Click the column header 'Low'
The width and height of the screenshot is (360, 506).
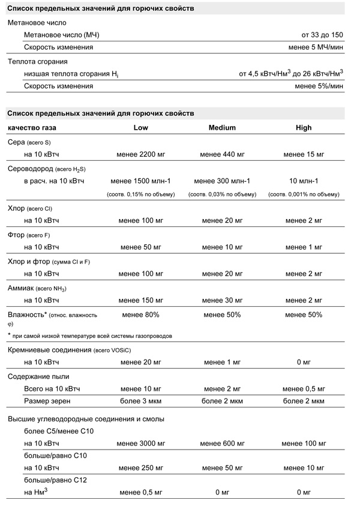pos(140,128)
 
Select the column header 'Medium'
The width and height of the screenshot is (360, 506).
pos(222,128)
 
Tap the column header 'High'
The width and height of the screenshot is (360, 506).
pos(304,128)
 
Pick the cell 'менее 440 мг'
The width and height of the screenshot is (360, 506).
pos(222,155)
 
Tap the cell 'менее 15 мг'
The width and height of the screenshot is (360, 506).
pos(304,155)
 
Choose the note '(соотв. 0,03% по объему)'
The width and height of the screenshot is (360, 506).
pos(222,194)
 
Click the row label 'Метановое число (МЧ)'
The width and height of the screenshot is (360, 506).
pos(61,35)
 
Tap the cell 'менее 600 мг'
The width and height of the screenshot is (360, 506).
pos(222,444)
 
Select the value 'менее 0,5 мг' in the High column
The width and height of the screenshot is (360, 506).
pos(304,389)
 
